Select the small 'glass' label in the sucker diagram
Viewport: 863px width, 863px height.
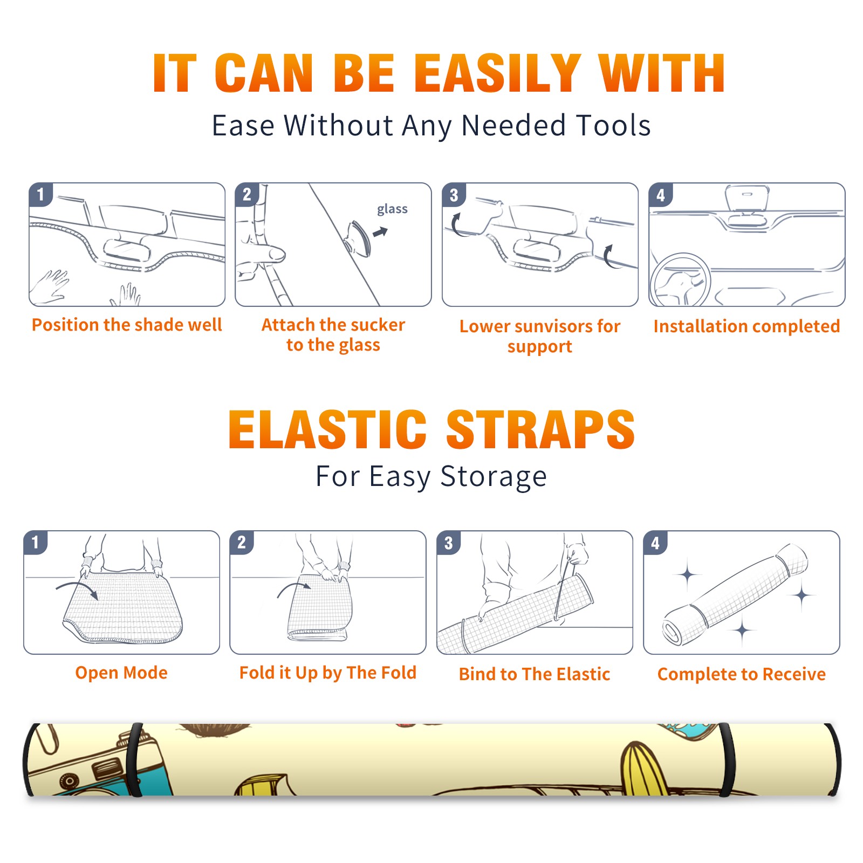pyautogui.click(x=392, y=209)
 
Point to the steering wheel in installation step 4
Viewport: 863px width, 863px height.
pyautogui.click(x=680, y=280)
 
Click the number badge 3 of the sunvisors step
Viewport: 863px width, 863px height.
pyautogui.click(x=454, y=195)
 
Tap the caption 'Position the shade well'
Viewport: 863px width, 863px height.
pyautogui.click(x=127, y=325)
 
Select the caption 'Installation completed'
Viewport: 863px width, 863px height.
pyautogui.click(x=746, y=326)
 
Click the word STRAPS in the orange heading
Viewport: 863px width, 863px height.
pyautogui.click(x=540, y=429)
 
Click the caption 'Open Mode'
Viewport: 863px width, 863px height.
pyautogui.click(x=121, y=673)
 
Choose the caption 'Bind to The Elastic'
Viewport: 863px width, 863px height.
pyautogui.click(x=535, y=674)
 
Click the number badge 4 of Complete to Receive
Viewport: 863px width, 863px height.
pyautogui.click(x=655, y=543)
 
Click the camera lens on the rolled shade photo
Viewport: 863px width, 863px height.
pyautogui.click(x=69, y=780)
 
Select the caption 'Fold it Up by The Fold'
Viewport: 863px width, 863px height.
pyautogui.click(x=328, y=673)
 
